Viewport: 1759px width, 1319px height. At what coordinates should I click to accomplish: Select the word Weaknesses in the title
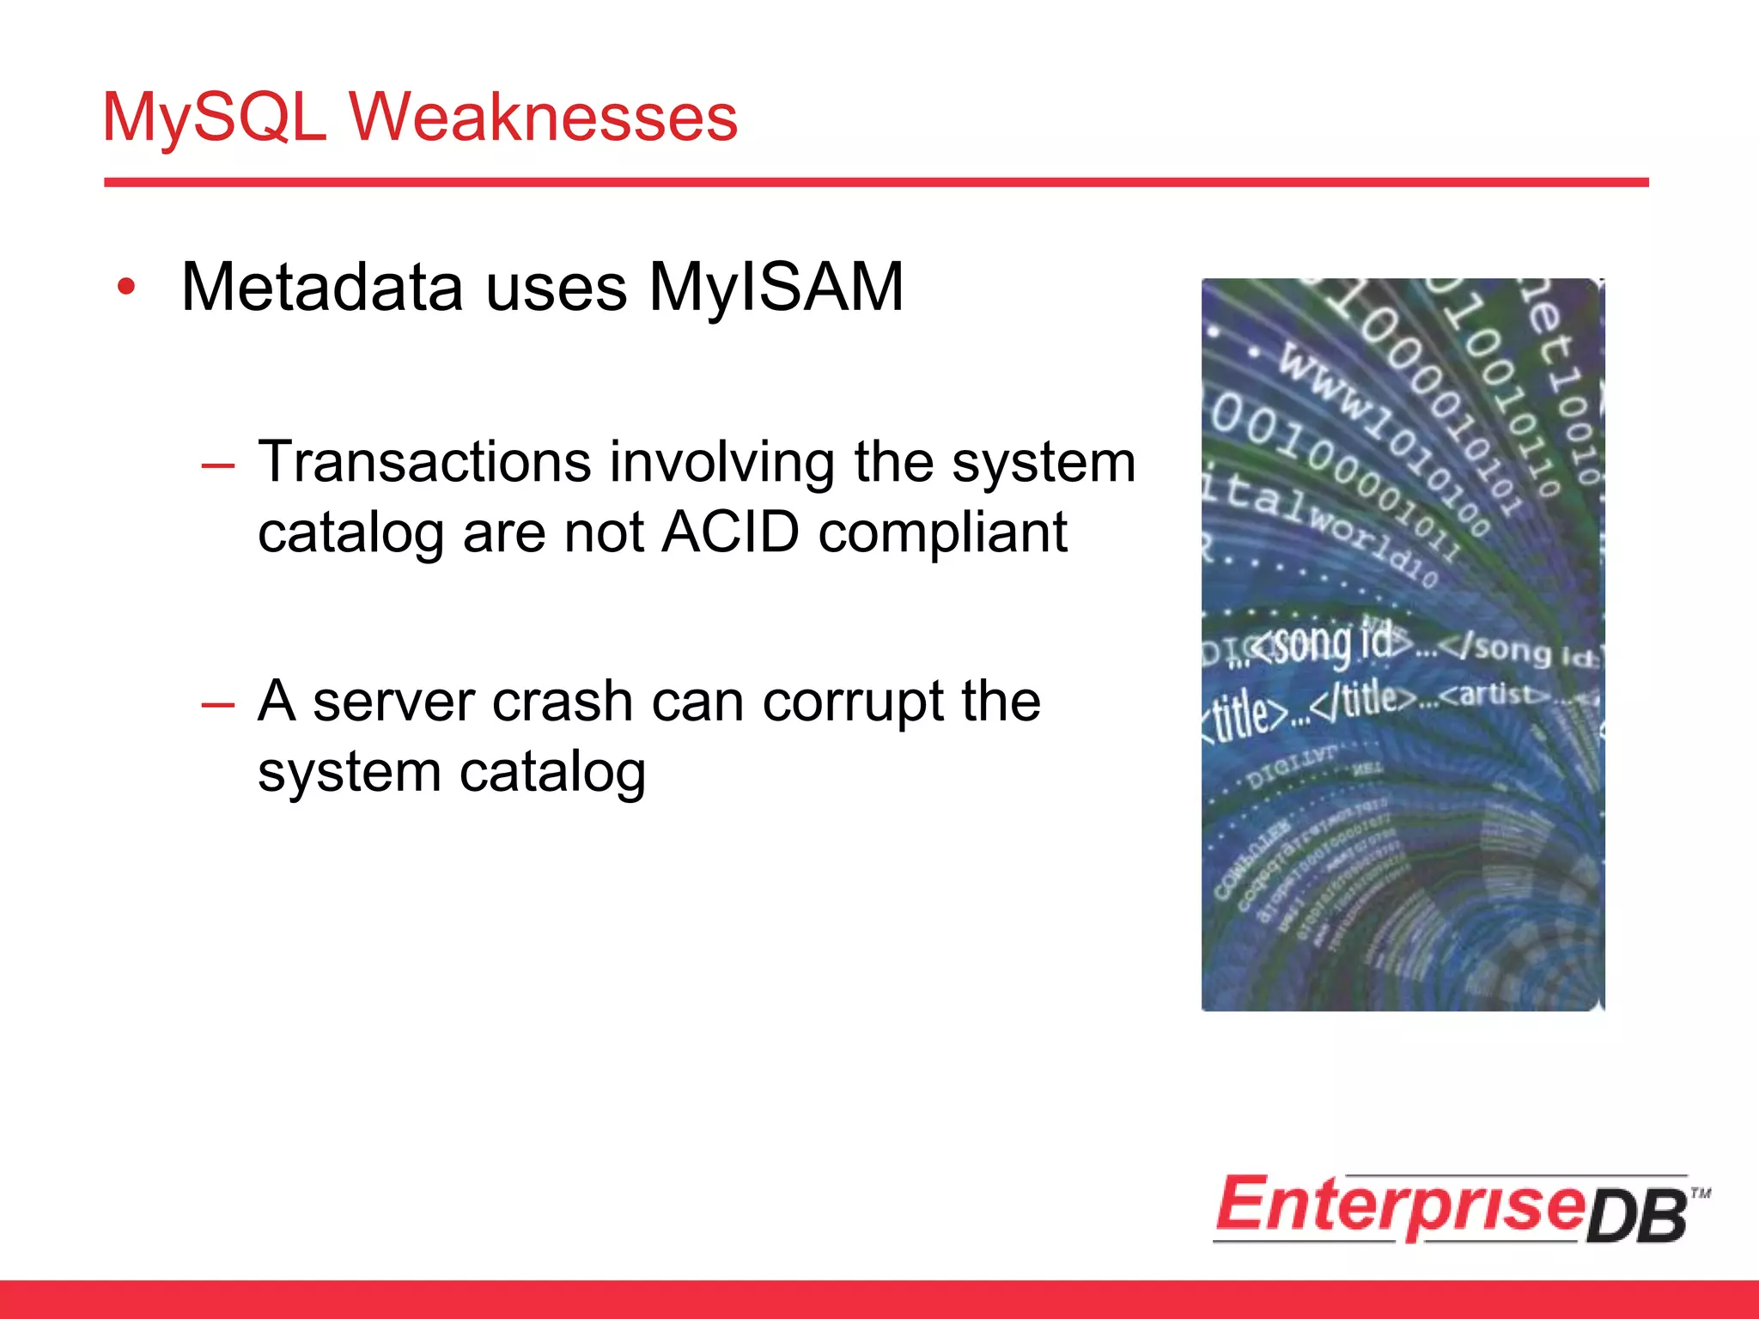[543, 118]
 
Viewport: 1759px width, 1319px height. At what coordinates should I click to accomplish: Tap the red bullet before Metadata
[127, 288]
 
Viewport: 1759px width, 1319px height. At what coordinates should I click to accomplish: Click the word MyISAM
[776, 288]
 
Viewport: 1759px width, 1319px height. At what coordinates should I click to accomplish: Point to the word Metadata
[322, 288]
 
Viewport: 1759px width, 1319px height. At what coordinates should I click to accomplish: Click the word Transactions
[424, 462]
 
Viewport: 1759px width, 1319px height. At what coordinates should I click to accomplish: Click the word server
[393, 702]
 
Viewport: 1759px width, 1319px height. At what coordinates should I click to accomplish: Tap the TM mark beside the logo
[1701, 1193]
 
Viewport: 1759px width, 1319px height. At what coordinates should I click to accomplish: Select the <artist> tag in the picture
[1494, 692]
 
